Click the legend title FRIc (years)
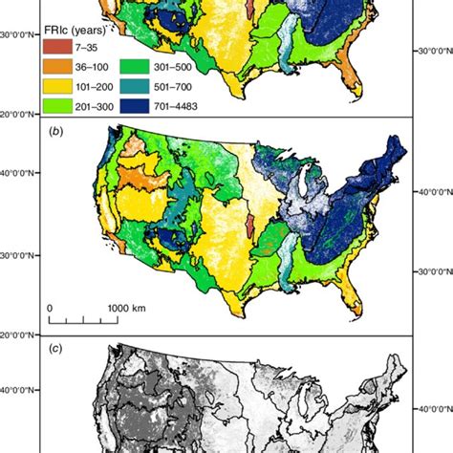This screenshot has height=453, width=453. (85, 11)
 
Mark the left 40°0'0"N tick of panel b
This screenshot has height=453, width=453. (20, 173)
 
